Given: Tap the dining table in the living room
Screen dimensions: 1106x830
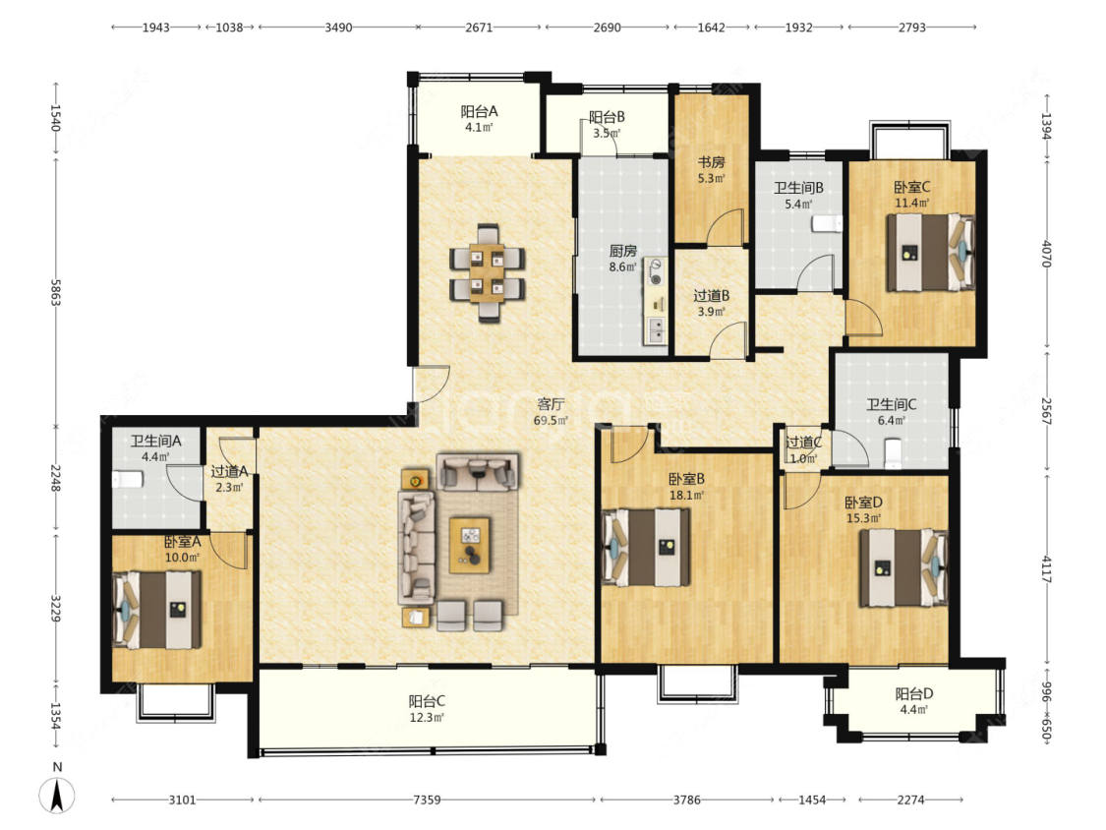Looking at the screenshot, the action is pyautogui.click(x=487, y=273).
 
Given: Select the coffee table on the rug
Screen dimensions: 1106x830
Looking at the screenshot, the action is pyautogui.click(x=470, y=545).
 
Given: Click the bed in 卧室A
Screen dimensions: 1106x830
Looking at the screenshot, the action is pyautogui.click(x=156, y=610).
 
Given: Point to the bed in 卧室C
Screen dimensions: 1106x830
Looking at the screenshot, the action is pyautogui.click(x=930, y=252).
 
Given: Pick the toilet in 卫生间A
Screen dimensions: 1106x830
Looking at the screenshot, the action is pyautogui.click(x=127, y=479).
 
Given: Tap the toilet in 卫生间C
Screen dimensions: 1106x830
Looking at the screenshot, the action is pyautogui.click(x=894, y=452).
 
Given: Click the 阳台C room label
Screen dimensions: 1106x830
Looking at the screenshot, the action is pyautogui.click(x=427, y=701).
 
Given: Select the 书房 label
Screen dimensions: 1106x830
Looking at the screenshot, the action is pyautogui.click(x=711, y=162).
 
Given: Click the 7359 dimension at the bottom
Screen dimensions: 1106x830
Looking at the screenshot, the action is pyautogui.click(x=427, y=800).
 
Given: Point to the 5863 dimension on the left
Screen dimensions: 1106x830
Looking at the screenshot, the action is pyautogui.click(x=56, y=292).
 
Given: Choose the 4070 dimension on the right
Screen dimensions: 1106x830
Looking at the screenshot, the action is pyautogui.click(x=1047, y=254).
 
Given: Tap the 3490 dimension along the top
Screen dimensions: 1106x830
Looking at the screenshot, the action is pyautogui.click(x=338, y=28).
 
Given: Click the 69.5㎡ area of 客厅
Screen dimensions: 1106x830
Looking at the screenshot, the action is pyautogui.click(x=551, y=421).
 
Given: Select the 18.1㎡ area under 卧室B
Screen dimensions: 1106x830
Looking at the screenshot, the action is pyautogui.click(x=686, y=496).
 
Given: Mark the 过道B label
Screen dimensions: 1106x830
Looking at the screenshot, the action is pyautogui.click(x=711, y=296).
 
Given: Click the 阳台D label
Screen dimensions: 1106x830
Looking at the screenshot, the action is pyautogui.click(x=914, y=693).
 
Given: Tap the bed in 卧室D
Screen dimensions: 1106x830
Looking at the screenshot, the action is pyautogui.click(x=902, y=567).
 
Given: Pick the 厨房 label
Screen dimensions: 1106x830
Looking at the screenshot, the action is pyautogui.click(x=623, y=251).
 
